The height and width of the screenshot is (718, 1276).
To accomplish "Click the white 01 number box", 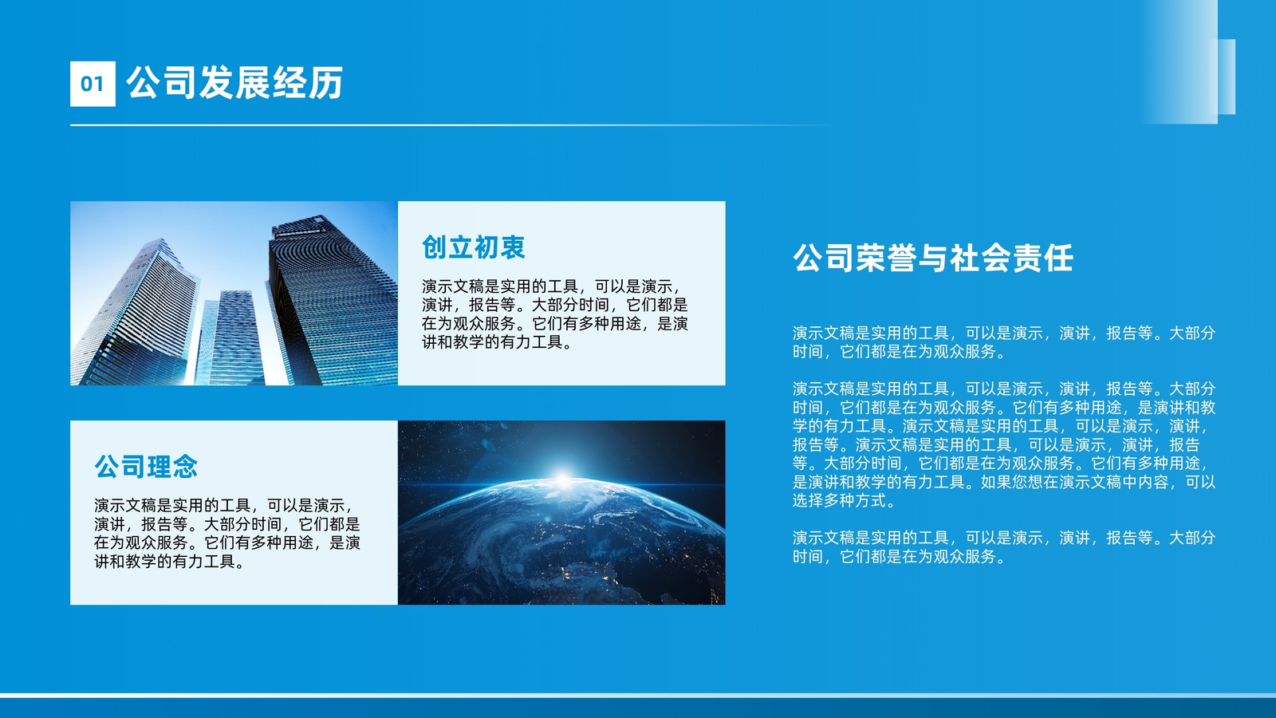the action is click(93, 84).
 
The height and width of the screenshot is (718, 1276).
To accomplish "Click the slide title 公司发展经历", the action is click(234, 83).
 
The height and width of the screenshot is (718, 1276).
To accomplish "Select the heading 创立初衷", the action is click(474, 248).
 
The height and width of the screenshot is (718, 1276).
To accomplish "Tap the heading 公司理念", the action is click(146, 467).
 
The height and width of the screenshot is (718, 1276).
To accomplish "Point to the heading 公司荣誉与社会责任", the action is click(933, 258).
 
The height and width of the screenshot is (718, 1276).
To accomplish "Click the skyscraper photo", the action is click(234, 293).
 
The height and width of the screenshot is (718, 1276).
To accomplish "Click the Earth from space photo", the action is click(561, 513).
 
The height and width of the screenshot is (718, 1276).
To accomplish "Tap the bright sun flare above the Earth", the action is click(563, 479).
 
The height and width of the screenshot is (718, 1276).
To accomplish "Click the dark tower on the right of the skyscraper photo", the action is click(333, 299).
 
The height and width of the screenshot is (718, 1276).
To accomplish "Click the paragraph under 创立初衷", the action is click(555, 314).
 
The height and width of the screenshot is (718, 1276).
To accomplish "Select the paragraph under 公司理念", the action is click(227, 534).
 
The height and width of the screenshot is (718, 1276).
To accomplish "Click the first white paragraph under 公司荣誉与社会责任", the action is click(1004, 342).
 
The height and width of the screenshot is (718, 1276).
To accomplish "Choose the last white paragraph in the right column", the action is click(1004, 547).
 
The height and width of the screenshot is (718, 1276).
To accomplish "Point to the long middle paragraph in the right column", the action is click(1004, 444).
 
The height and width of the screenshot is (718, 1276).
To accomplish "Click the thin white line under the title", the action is click(450, 124).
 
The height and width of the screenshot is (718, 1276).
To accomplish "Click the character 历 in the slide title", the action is click(327, 83).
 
